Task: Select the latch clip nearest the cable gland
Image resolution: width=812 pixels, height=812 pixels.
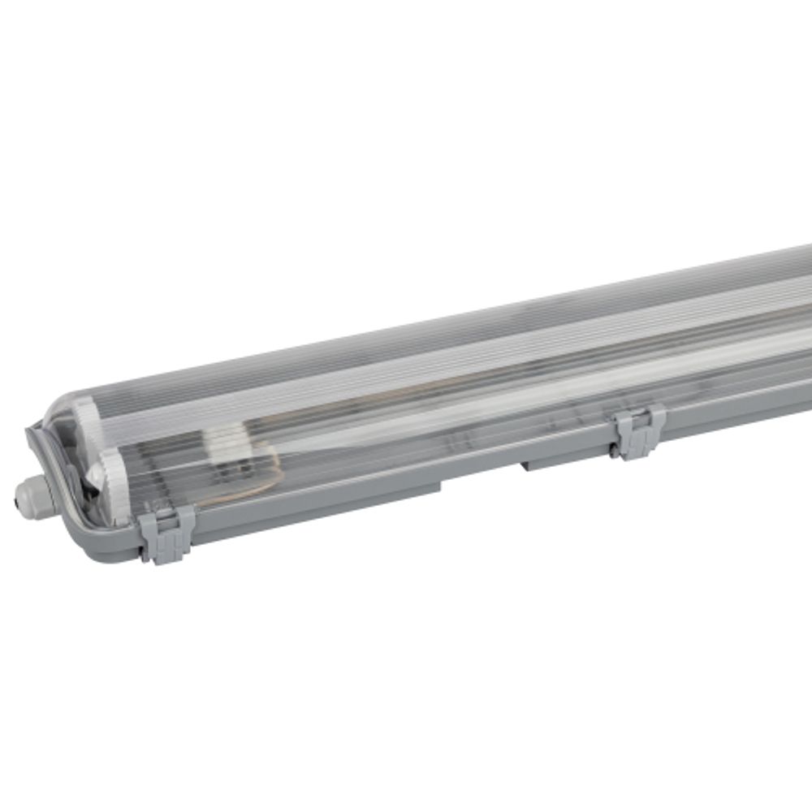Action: pos(166,532)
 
